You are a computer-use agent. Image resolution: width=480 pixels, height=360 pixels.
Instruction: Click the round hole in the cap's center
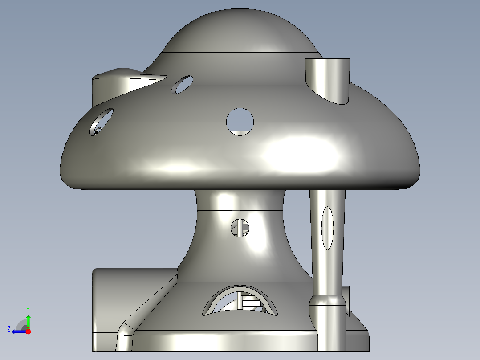240,121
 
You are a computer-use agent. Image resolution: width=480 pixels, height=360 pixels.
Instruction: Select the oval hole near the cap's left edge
102,121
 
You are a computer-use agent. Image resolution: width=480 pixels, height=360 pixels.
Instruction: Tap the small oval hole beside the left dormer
182,85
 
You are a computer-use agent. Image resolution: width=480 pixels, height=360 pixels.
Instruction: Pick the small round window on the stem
240,228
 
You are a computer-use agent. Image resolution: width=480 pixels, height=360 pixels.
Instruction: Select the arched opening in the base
240,302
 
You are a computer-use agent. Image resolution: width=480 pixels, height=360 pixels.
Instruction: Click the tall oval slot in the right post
327,228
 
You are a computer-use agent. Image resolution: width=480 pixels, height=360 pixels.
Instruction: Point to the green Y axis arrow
28,320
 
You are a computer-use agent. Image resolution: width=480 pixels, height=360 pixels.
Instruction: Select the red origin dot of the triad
28,331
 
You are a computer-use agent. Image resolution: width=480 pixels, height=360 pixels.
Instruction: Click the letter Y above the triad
28,309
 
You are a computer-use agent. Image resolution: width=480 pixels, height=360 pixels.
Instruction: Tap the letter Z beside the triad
9,329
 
